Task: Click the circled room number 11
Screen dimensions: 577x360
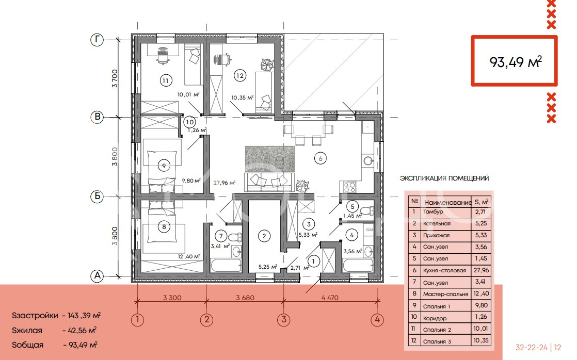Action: coord(166,80)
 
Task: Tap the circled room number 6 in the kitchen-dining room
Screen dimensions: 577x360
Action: coord(320,158)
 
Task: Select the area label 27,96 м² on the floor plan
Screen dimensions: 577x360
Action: coord(225,182)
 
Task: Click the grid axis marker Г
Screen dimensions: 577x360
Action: coord(97,40)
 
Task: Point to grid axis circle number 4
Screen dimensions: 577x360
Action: coord(377,320)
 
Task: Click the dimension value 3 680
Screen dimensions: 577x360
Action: coord(245,298)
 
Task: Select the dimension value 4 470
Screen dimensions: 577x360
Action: coord(330,298)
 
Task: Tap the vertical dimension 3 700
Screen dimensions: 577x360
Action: coord(115,78)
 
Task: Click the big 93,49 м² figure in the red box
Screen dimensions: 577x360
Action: coord(515,62)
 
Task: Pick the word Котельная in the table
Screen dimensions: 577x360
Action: coord(437,223)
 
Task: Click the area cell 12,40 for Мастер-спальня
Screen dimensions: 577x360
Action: coord(482,293)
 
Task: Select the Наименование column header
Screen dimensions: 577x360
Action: coord(448,202)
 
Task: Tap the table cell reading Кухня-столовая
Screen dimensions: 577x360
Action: coord(444,270)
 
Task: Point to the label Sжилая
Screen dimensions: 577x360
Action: coord(27,330)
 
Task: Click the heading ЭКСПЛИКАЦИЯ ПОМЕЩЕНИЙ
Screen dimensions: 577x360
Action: coord(444,178)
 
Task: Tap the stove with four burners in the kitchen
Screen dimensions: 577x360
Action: coord(349,187)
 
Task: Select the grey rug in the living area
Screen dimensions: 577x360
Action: coord(270,159)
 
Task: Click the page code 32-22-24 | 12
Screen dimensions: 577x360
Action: coord(538,348)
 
